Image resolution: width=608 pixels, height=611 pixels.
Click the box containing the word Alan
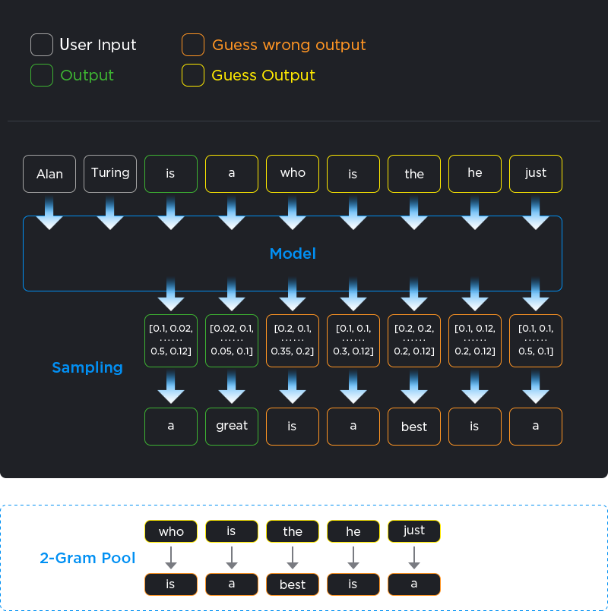point(49,174)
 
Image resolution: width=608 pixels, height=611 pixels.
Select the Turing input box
point(110,174)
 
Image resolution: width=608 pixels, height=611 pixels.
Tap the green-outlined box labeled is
point(171,174)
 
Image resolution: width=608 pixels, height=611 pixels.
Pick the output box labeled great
point(232,426)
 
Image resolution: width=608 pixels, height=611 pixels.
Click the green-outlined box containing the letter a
point(171,426)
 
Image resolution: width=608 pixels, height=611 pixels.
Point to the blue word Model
point(293,254)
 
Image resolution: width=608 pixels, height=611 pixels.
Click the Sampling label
point(87,367)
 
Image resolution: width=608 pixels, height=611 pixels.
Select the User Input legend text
point(98,45)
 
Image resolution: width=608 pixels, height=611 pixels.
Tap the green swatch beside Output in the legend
point(42,75)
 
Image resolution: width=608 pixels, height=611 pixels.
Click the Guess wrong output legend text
point(289,45)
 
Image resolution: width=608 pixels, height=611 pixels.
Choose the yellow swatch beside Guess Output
point(193,75)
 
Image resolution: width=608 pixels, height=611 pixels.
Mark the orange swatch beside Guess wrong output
point(193,45)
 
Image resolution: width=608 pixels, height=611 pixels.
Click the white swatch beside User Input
point(42,45)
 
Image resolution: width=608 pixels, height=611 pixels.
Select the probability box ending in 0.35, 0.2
point(293,340)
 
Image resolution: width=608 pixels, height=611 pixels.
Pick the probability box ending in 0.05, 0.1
point(232,340)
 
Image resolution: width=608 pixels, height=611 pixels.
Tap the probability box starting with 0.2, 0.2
point(414,340)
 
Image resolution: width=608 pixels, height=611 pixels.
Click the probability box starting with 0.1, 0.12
point(475,340)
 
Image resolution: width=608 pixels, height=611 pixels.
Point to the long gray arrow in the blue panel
point(293,558)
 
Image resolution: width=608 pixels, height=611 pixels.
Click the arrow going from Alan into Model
point(49,213)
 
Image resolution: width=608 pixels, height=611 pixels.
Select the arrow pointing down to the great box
point(232,388)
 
